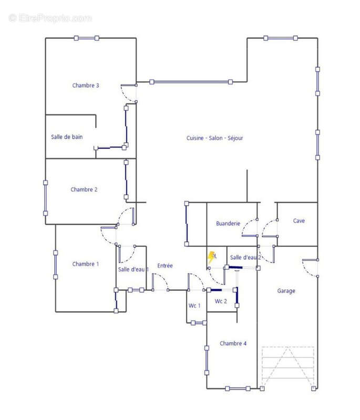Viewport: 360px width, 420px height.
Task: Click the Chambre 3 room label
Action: (x=86, y=86)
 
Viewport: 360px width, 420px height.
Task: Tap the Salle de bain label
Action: (x=67, y=137)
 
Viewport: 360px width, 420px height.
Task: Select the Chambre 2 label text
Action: (x=84, y=190)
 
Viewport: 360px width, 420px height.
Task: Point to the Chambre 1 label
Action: (x=86, y=264)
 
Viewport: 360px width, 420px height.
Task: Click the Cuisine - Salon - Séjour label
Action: (x=215, y=138)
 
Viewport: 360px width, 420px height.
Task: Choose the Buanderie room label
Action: (x=228, y=224)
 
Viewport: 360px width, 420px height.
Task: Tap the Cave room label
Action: (x=299, y=220)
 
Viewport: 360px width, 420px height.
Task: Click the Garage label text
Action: (x=286, y=291)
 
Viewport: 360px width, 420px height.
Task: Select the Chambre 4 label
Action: (x=233, y=343)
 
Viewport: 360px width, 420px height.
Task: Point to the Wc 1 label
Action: (x=194, y=306)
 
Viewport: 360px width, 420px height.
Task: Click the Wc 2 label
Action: (x=221, y=301)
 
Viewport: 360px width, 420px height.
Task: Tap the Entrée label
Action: (x=165, y=266)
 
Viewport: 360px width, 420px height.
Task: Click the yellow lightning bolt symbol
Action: (x=211, y=257)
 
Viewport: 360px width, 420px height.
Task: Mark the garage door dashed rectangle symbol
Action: (x=287, y=366)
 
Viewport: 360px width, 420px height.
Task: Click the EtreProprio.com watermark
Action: (x=50, y=18)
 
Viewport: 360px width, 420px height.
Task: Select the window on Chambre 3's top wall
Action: (x=87, y=38)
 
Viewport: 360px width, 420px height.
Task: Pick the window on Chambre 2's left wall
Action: (x=46, y=198)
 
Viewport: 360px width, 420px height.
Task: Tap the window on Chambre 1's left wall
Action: (x=56, y=265)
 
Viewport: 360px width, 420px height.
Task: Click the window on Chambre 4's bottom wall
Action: (x=238, y=388)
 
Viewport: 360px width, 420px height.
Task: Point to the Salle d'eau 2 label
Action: (x=245, y=258)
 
